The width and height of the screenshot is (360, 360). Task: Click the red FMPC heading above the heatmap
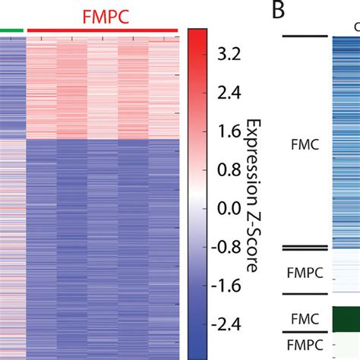[102, 15]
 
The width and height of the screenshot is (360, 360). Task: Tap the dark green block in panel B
[346, 318]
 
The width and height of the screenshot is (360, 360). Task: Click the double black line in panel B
[304, 248]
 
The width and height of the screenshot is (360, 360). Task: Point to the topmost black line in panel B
[304, 36]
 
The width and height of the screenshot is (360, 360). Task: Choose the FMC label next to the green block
[304, 317]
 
